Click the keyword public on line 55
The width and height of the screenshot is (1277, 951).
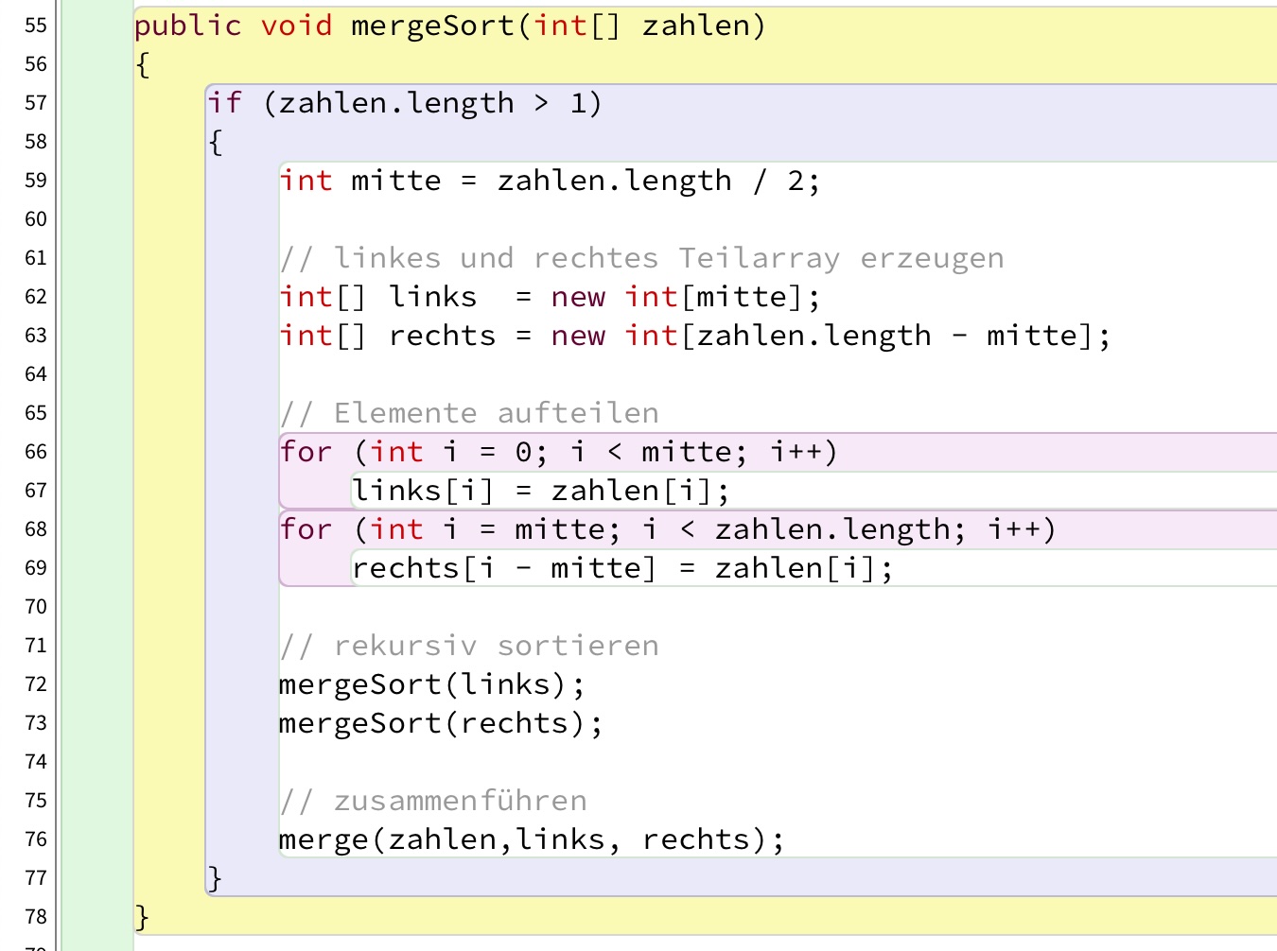point(187,26)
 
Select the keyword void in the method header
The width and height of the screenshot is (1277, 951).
point(296,26)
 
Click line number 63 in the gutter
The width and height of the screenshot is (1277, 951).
point(36,336)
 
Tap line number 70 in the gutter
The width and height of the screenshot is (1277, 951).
point(36,607)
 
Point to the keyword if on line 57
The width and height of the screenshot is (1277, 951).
point(224,103)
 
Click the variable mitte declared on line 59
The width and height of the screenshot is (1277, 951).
point(395,181)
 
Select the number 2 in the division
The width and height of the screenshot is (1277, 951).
point(796,181)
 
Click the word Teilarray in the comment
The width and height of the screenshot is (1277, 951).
point(759,258)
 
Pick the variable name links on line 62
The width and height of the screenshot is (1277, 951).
point(432,297)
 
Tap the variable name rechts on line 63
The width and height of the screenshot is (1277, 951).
point(442,336)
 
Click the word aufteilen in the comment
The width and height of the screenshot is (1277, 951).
point(578,413)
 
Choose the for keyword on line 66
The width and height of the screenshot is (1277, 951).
point(306,452)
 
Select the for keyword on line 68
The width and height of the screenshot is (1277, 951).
point(306,529)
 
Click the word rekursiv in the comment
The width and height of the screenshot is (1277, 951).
point(405,646)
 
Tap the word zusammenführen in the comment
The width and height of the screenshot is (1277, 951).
point(460,801)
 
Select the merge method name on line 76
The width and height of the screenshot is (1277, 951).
point(324,839)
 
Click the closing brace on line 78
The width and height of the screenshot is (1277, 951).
point(142,917)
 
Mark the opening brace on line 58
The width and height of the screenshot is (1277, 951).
point(215,142)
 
